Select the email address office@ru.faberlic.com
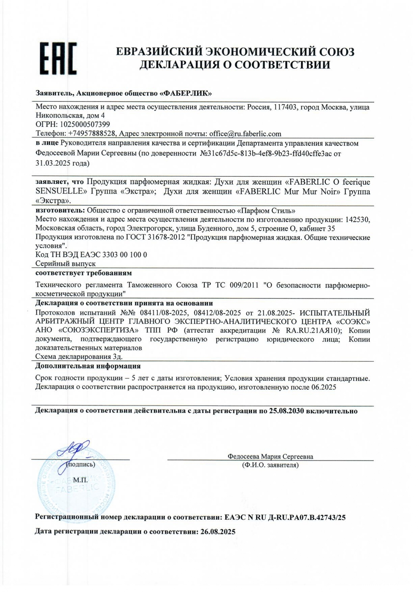click(x=245, y=134)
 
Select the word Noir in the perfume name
click(x=329, y=191)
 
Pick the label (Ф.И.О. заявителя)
click(x=270, y=465)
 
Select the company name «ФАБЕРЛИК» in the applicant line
click(x=185, y=94)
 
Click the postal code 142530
click(x=357, y=220)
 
